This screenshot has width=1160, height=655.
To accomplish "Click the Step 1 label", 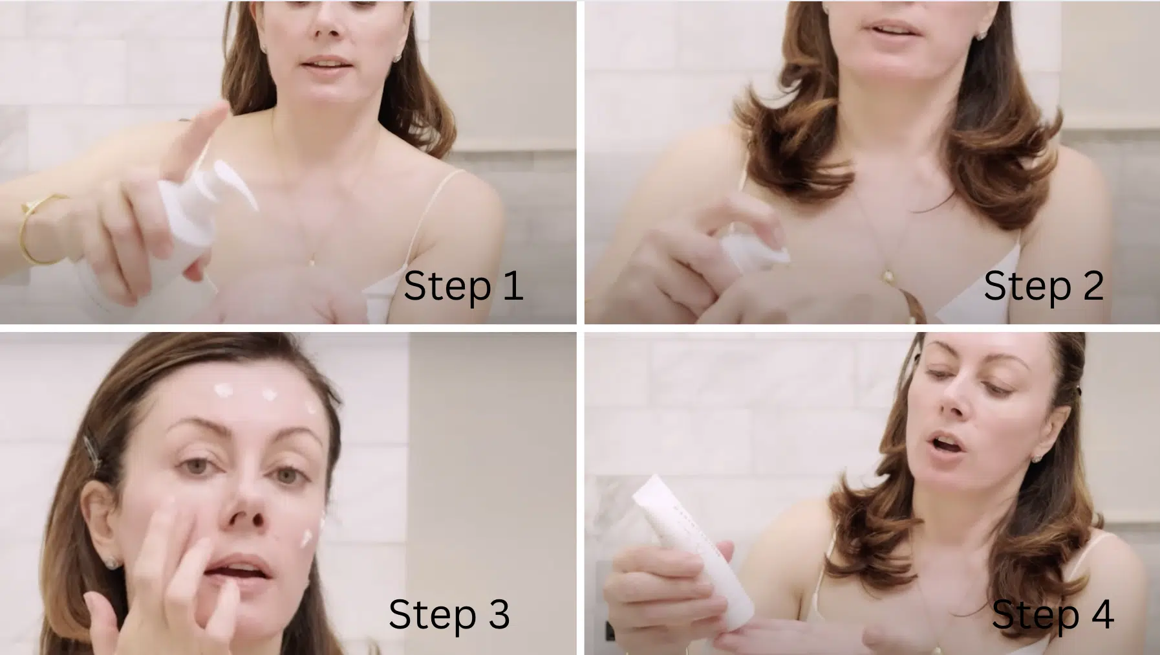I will click(463, 285).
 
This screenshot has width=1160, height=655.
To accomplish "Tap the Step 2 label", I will click(1043, 285).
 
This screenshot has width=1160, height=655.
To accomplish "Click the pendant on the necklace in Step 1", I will click(312, 261).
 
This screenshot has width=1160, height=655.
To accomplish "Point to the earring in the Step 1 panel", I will click(396, 58).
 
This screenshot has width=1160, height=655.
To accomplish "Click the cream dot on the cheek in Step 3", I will click(306, 538).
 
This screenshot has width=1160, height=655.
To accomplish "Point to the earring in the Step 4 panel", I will click(1036, 458).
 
